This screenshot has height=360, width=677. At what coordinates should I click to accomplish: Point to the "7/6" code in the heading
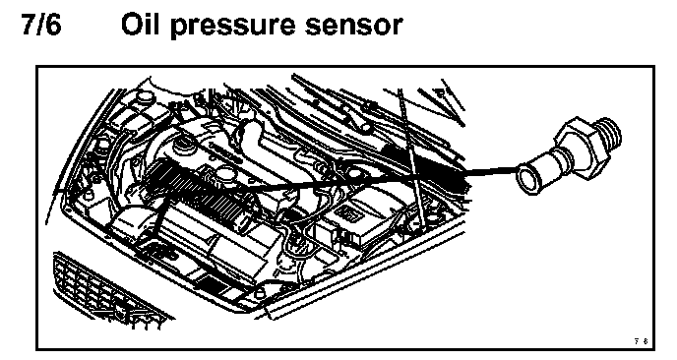pyautogui.click(x=41, y=25)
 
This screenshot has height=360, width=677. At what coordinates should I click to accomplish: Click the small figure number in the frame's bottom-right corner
pyautogui.click(x=642, y=341)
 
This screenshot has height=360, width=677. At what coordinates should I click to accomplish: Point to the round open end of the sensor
pyautogui.click(x=530, y=178)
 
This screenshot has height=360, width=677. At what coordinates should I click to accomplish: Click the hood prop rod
pyautogui.click(x=412, y=159)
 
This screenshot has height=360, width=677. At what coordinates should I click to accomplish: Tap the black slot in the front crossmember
pyautogui.click(x=212, y=282)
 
